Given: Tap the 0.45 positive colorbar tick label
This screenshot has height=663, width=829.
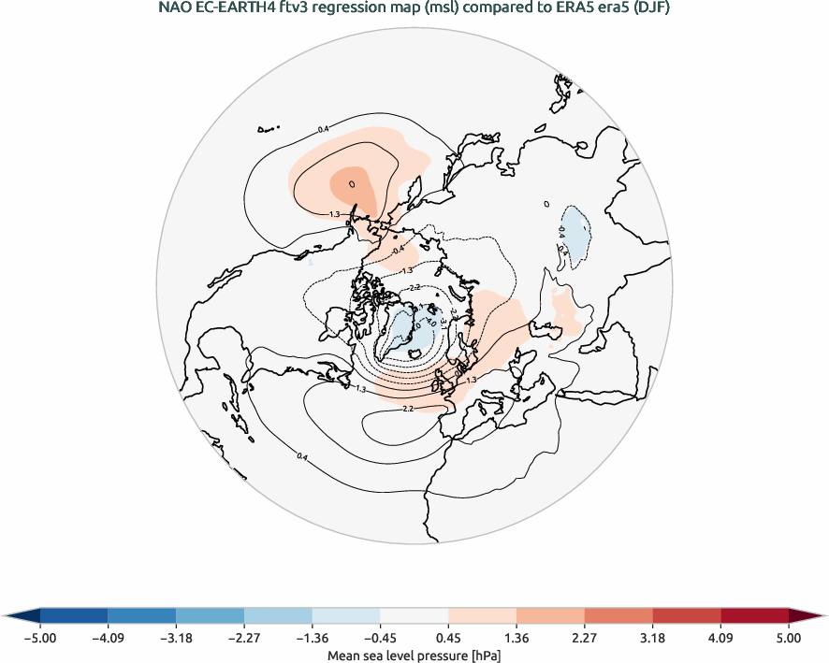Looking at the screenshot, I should (x=448, y=638).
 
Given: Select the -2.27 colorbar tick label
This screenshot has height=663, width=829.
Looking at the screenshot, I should (x=244, y=638).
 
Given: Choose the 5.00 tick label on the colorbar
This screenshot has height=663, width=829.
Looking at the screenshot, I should (x=788, y=638).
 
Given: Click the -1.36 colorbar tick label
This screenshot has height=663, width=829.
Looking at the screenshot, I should (x=313, y=638).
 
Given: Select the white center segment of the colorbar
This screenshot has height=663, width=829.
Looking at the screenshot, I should (x=414, y=614).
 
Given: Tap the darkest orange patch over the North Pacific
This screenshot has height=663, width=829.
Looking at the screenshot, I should (x=354, y=183).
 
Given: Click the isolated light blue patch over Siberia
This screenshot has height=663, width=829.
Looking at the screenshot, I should (x=573, y=230).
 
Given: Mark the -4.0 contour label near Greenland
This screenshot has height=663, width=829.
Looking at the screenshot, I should (x=418, y=326).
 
